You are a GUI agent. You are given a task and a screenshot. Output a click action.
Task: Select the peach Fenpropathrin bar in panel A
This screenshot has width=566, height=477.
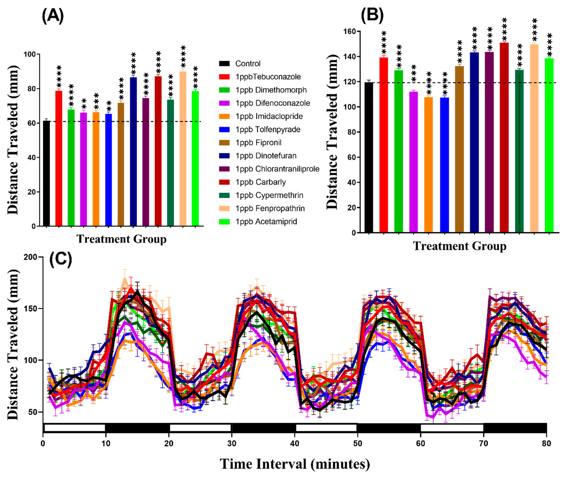[183, 149]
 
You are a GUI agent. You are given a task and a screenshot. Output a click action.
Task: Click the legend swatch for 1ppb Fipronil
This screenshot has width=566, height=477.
[224, 143]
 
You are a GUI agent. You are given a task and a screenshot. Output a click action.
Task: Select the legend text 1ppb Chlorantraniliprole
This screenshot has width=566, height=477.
[277, 169]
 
